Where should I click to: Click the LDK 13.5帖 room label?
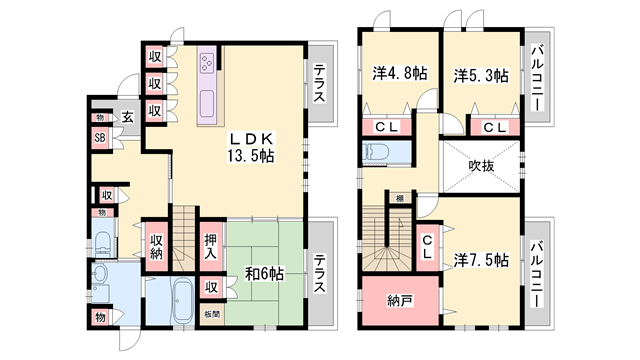tap(250, 147)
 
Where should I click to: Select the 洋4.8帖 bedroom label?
tap(393, 74)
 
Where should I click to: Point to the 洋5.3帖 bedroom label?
tap(480, 74)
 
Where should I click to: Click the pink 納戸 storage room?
tap(400, 301)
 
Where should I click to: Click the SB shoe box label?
tap(101, 139)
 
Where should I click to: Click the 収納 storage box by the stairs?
tap(158, 245)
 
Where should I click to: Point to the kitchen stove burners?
tap(209, 62)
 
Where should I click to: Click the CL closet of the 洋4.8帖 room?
tap(386, 127)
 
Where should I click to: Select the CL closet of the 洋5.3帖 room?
tap(493, 127)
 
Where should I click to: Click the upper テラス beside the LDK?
tap(318, 84)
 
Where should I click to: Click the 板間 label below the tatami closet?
tap(212, 313)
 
